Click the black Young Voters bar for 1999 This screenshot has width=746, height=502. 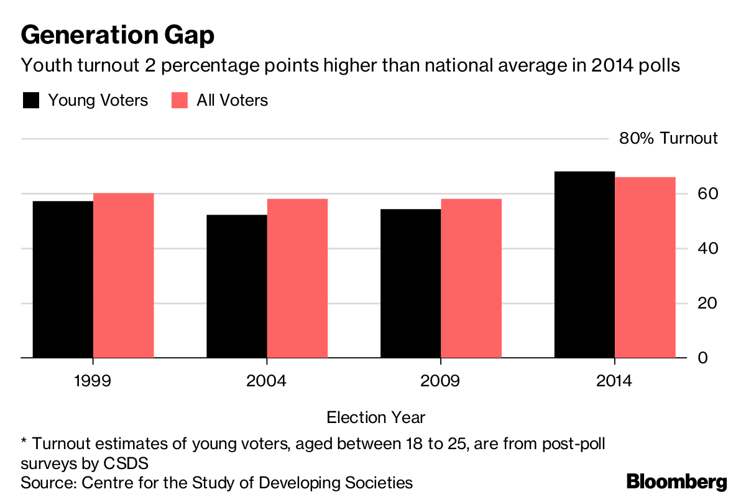coord(63,279)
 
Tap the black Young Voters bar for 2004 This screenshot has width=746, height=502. coord(237,286)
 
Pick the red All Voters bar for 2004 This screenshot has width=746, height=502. coord(297,278)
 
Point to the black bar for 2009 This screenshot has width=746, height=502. coord(410,283)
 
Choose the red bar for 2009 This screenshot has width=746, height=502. coord(471,278)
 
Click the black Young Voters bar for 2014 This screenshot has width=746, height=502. coord(584,264)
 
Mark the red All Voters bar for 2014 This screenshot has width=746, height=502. coord(645,267)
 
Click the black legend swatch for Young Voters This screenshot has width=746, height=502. coord(30,101)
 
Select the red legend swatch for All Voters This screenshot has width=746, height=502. coord(180,101)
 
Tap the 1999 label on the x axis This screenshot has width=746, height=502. coord(92,381)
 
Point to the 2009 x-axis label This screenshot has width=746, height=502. coord(440,381)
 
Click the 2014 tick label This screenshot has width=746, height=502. coord(614,381)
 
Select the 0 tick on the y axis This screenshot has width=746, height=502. coord(702,358)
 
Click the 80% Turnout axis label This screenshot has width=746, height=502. coord(668,138)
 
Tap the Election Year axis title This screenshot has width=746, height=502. coord(376,417)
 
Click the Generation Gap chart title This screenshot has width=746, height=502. coord(117,35)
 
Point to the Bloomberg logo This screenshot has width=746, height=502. coord(676,481)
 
